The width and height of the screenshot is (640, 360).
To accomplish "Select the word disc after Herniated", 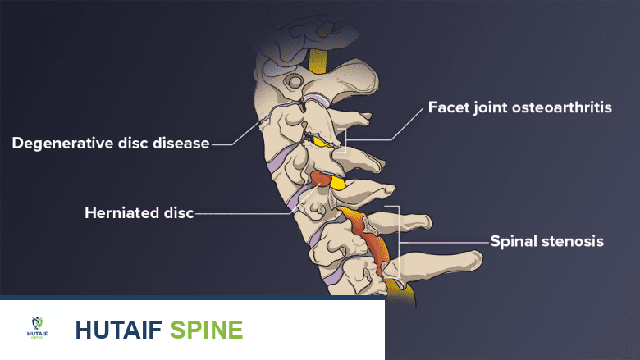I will [x=177, y=213].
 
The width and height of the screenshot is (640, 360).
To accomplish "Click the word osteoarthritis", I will [x=566, y=108].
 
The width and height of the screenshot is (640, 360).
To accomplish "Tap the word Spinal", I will [x=514, y=241].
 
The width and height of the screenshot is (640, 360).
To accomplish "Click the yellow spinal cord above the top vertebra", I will [x=318, y=59].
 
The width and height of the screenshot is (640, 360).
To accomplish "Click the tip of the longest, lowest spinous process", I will [x=474, y=260].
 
